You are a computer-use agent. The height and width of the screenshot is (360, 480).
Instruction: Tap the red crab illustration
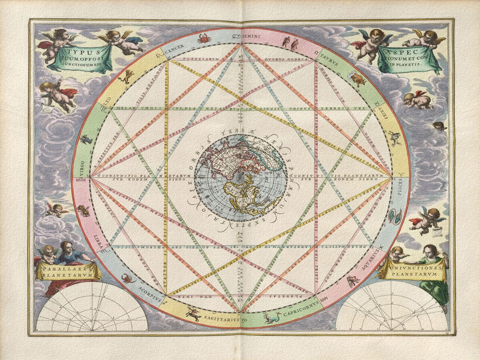[202, 38]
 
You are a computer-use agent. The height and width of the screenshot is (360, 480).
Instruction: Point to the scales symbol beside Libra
[84, 210]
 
